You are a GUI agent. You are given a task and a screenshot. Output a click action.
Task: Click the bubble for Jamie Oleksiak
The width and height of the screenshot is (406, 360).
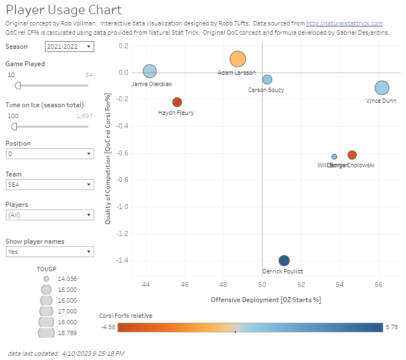point(150,71)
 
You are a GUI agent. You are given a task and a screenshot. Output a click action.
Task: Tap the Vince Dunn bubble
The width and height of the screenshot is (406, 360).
point(382,88)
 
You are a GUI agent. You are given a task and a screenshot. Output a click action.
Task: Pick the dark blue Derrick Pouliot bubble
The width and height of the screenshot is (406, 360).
point(284,260)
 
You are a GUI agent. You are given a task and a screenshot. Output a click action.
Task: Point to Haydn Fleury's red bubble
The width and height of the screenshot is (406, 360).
point(177,102)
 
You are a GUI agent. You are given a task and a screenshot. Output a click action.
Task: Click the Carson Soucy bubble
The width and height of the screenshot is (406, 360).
point(267,80)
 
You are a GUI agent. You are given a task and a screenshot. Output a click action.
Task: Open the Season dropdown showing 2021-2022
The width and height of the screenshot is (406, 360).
point(69,47)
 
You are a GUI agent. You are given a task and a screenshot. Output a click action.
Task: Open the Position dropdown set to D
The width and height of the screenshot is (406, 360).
point(49,154)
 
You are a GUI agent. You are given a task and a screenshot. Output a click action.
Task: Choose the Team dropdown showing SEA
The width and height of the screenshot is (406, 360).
point(49,185)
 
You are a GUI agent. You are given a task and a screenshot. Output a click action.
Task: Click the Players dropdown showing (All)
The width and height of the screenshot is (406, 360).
point(49,215)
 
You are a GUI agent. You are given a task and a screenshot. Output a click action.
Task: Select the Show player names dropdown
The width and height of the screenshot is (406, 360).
point(49,252)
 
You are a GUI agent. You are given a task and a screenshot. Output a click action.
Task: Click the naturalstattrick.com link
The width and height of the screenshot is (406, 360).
point(344,23)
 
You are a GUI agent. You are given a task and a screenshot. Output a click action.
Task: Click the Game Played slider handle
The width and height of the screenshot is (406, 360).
point(18,85)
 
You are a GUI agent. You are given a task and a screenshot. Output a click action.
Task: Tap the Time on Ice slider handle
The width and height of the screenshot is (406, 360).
point(14,127)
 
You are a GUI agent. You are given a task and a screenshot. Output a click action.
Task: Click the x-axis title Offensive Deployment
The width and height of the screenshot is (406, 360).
point(265,300)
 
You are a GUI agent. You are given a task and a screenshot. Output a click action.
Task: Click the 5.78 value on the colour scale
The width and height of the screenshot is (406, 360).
point(392,327)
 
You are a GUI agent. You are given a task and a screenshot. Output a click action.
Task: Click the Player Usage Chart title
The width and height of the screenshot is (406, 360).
point(64,10)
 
